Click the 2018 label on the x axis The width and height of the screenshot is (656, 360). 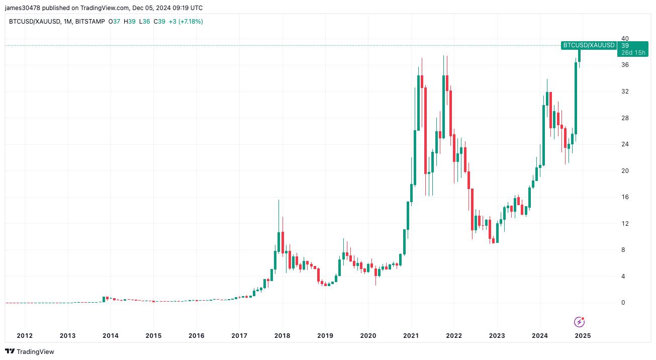point(282,335)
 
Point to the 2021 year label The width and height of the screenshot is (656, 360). point(411,335)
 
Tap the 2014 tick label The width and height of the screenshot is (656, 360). point(110,335)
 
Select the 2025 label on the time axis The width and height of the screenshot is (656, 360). point(583,335)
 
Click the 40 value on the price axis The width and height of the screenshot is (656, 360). point(625,39)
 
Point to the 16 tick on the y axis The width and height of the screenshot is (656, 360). point(625,197)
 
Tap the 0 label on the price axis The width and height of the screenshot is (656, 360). point(623,303)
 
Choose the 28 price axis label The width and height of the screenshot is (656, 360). point(625,118)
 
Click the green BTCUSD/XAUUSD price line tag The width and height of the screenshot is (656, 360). point(589,45)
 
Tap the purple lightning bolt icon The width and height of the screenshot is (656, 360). point(579,322)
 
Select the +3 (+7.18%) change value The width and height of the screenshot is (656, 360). point(185,22)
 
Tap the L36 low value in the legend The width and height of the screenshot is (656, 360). point(144,22)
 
